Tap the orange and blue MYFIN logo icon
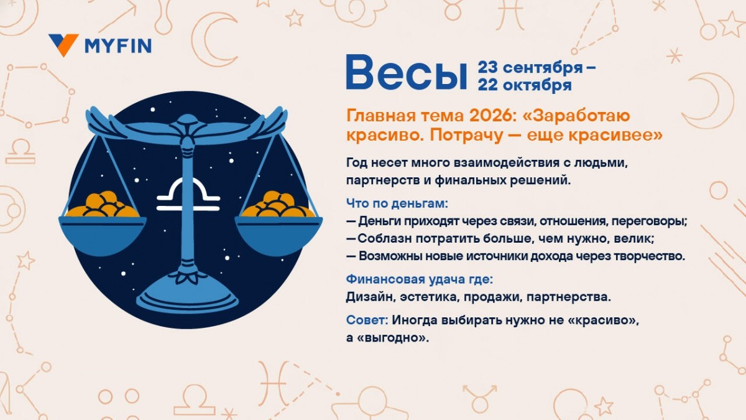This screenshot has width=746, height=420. pos(63,45)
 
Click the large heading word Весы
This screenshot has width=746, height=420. pos(406,73)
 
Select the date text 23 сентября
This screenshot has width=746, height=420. pos(530,67)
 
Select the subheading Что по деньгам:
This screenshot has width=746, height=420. pos(397,203)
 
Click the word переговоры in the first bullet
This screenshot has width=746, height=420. pos(653,221)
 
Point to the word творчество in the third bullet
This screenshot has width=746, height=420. pos(650,256)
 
